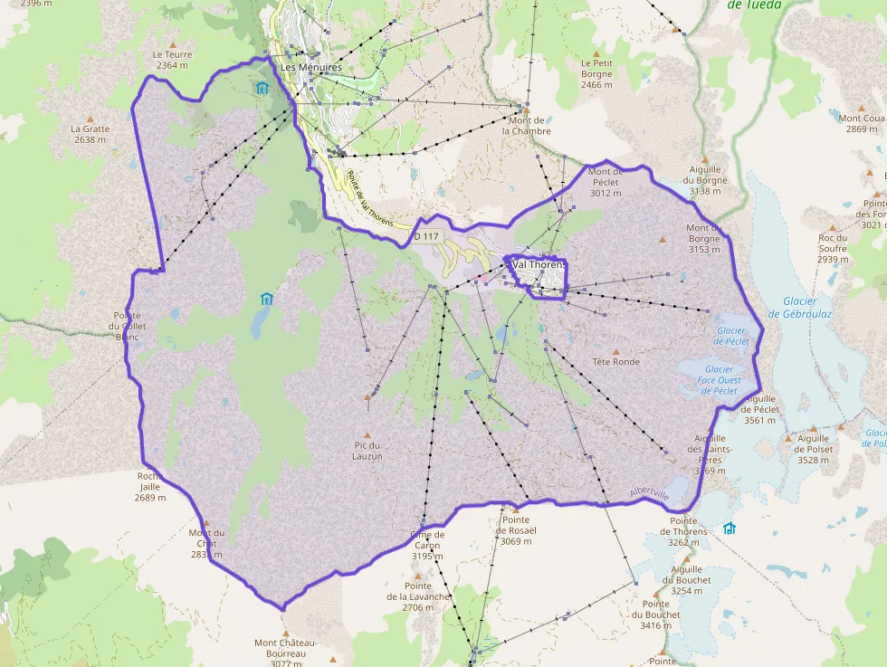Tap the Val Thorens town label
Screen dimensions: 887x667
click(x=539, y=264)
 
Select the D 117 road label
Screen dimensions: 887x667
click(x=425, y=237)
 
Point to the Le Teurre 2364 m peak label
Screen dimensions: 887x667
click(x=172, y=60)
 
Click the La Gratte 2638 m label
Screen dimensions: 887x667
click(x=90, y=134)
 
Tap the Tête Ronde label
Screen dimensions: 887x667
click(x=615, y=362)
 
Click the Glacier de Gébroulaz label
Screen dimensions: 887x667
click(x=799, y=308)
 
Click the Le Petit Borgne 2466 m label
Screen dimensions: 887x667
click(x=596, y=73)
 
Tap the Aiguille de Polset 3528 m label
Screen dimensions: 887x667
click(x=812, y=449)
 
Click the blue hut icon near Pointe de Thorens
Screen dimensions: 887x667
click(x=730, y=529)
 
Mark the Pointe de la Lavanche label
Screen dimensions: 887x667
click(x=418, y=591)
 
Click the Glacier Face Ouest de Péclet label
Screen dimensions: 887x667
click(x=719, y=380)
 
